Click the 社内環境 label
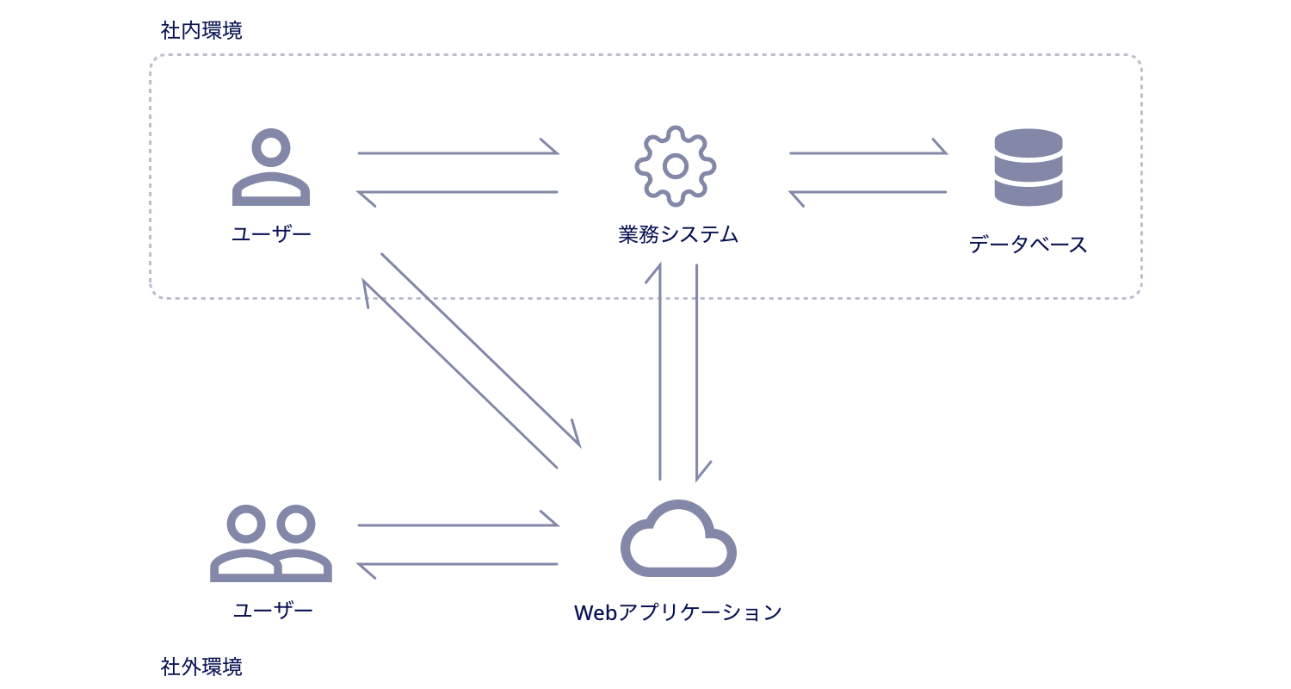pos(201,31)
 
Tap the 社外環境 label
pos(201,667)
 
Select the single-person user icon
pos(271,167)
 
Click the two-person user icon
pos(271,543)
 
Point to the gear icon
pos(676,166)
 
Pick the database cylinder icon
pos(1028,167)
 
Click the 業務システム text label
pos(678,234)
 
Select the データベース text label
pos(1028,245)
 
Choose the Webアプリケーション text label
pos(678,612)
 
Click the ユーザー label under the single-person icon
pos(271,234)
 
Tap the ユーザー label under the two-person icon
pos(273,611)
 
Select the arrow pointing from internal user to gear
pos(458,152)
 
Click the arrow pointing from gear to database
pos(868,152)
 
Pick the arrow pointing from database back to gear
pos(868,192)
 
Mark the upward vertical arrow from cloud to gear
pos(659,370)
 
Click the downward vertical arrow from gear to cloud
pos(697,370)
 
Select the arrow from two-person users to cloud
pos(458,524)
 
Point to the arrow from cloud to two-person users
pos(458,564)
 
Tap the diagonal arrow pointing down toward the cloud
pos(480,350)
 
